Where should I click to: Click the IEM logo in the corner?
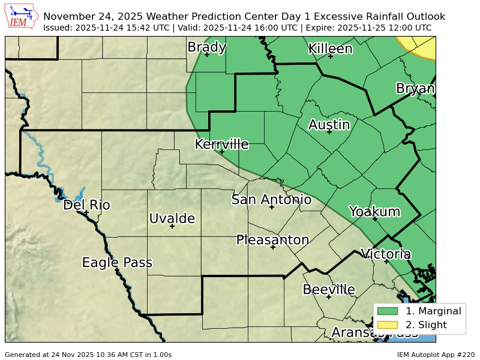click(x=22, y=17)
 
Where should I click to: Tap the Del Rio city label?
click(x=86, y=205)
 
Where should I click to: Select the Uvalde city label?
click(x=172, y=218)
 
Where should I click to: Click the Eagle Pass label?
click(x=117, y=263)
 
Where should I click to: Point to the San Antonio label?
click(x=271, y=200)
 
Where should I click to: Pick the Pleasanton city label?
click(x=272, y=240)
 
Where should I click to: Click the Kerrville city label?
click(x=221, y=145)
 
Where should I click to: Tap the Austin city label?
click(x=329, y=125)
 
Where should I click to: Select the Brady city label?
click(x=206, y=47)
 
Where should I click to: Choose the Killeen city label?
click(x=330, y=49)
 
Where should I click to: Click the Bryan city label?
click(x=415, y=89)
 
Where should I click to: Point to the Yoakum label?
click(x=374, y=212)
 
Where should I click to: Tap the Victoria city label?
click(x=385, y=254)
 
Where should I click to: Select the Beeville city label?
click(x=329, y=290)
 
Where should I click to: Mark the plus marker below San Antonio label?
click(x=272, y=207)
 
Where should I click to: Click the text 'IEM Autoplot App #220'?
click(x=436, y=355)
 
